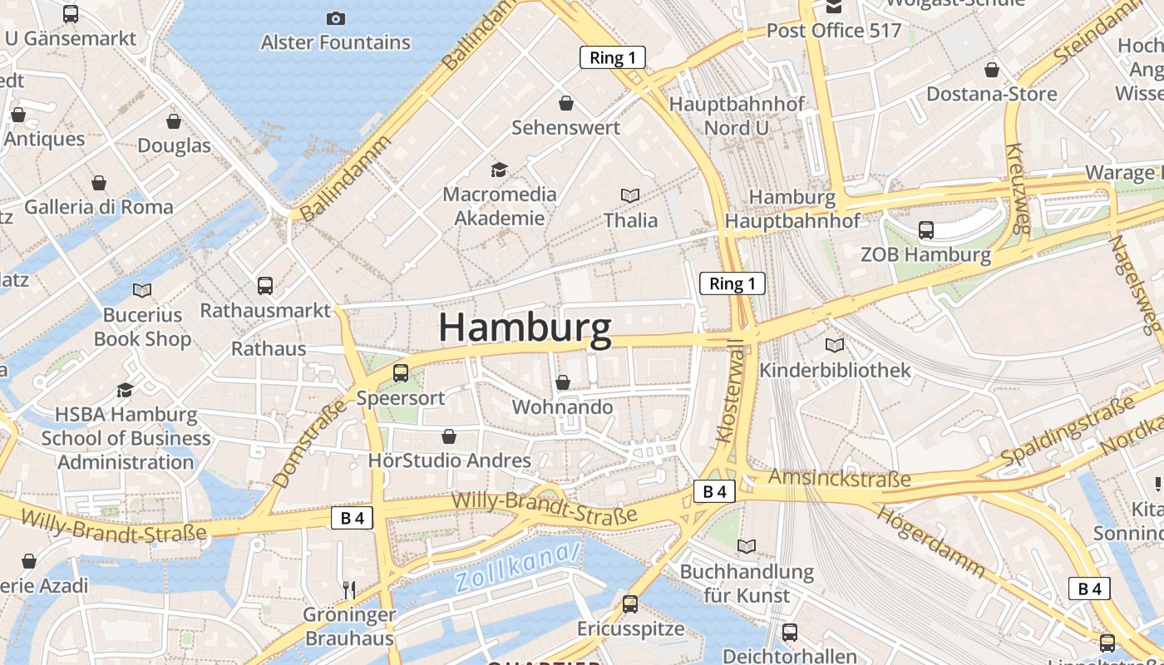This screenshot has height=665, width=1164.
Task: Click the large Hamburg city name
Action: click(x=525, y=328)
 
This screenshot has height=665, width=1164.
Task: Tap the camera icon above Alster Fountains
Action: click(x=335, y=18)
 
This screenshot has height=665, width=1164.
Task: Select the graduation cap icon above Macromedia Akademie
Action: click(x=499, y=170)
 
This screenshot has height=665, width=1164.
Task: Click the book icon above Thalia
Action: click(x=630, y=195)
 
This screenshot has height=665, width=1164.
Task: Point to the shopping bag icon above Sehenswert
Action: click(x=566, y=103)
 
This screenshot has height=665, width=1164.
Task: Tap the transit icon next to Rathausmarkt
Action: click(x=265, y=286)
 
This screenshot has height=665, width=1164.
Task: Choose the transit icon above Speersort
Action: click(x=401, y=373)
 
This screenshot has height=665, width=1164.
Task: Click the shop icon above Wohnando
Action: click(x=563, y=382)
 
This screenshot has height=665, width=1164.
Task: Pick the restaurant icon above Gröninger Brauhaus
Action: click(x=349, y=590)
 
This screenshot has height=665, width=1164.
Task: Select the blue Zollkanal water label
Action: click(x=517, y=566)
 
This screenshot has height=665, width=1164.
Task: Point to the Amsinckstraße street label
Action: click(x=839, y=478)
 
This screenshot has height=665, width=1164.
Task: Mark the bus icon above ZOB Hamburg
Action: click(x=925, y=230)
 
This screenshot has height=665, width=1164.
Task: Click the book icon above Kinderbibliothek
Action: click(x=835, y=345)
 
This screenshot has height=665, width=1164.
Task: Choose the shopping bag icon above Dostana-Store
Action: click(x=991, y=70)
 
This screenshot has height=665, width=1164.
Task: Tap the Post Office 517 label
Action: click(x=834, y=31)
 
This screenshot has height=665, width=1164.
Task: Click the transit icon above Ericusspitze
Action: click(x=630, y=604)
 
